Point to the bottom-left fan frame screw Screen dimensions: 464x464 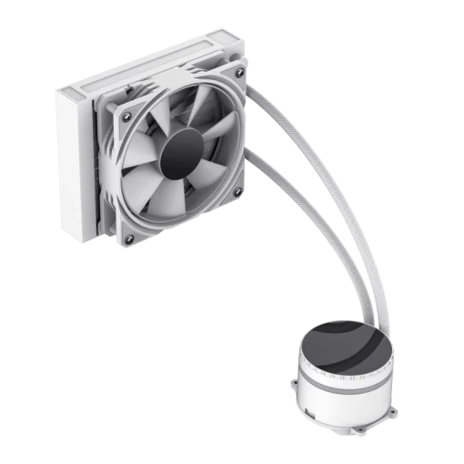coord(128,238)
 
